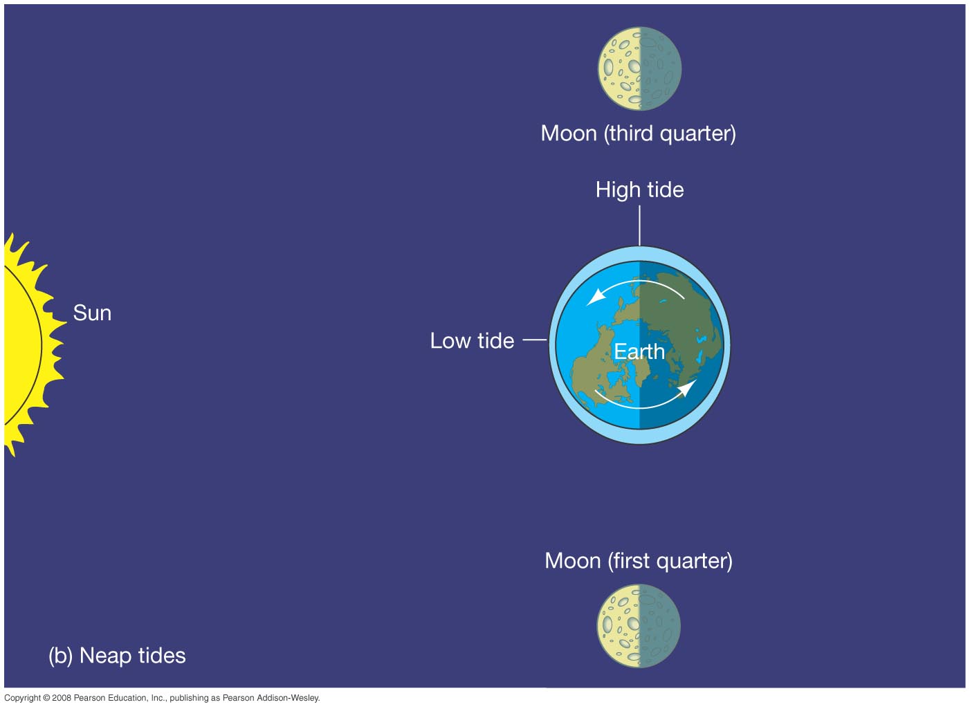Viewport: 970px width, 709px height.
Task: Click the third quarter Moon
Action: tap(639, 68)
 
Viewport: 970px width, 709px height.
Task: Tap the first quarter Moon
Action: tap(639, 626)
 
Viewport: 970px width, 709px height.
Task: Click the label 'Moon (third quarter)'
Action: tap(639, 133)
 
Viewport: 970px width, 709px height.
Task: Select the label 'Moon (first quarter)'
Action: tap(639, 561)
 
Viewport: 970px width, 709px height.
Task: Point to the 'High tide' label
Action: tap(639, 190)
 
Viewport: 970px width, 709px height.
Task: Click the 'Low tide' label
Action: tap(472, 340)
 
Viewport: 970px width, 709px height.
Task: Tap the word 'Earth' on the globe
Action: tap(639, 351)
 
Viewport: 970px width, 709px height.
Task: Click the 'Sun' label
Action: tap(92, 313)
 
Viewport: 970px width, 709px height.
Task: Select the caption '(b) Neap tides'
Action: tap(117, 655)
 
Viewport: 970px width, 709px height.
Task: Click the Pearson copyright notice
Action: tap(162, 698)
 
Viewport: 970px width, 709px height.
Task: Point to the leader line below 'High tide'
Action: tap(639, 225)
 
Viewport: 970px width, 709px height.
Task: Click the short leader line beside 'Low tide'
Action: tap(535, 340)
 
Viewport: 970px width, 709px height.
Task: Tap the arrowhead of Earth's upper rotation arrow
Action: tap(596, 298)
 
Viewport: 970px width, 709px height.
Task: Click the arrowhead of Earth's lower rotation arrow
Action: tap(687, 388)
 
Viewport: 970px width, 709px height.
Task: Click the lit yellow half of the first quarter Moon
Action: tap(618, 626)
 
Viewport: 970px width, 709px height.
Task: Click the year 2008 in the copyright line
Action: tap(61, 698)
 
